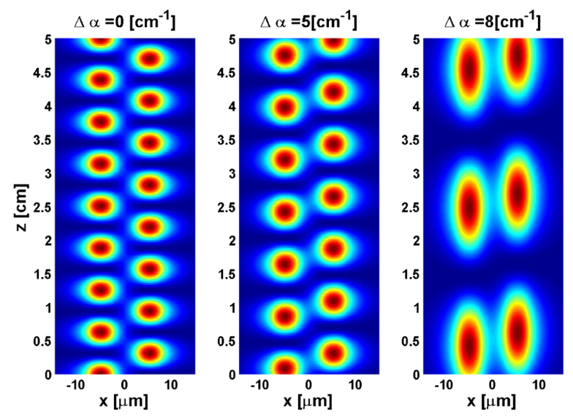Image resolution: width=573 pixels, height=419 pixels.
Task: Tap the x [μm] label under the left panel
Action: pos(124,403)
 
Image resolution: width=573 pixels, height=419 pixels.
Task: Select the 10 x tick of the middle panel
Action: pos(356,385)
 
